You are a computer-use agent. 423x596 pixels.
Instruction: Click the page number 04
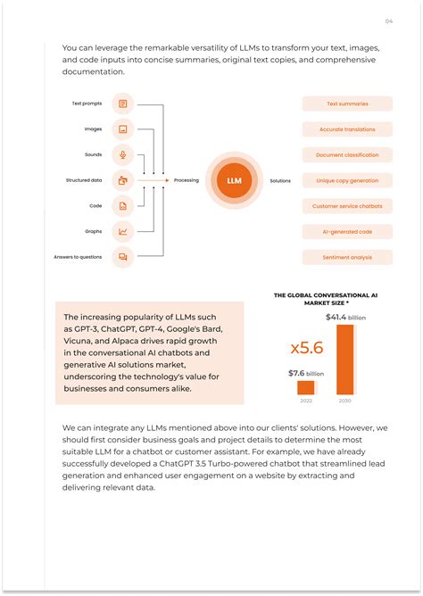point(388,21)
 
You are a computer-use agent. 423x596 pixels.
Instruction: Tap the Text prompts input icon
point(123,103)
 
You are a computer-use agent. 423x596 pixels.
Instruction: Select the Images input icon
point(123,128)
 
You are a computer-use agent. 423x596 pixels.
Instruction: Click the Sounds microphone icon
point(123,154)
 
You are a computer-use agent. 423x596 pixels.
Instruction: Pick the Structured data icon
point(123,180)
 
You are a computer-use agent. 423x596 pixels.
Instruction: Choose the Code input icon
point(123,205)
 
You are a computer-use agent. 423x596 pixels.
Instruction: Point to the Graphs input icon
point(123,231)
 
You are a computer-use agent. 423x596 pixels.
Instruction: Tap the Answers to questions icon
point(123,257)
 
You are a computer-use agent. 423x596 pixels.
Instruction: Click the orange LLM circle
point(234,180)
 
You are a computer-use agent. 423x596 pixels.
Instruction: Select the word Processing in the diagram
point(186,180)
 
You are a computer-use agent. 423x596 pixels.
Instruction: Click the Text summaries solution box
point(347,103)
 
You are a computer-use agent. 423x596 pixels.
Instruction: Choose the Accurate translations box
point(347,129)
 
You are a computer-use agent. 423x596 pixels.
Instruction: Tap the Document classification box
point(347,155)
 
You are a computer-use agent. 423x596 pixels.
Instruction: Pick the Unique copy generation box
point(347,180)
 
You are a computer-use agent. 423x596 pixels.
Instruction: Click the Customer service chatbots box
point(347,206)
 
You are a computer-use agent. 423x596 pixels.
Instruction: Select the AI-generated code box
point(347,232)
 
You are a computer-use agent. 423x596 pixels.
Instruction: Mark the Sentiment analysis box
point(347,258)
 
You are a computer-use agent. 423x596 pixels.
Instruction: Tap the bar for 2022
point(306,387)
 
